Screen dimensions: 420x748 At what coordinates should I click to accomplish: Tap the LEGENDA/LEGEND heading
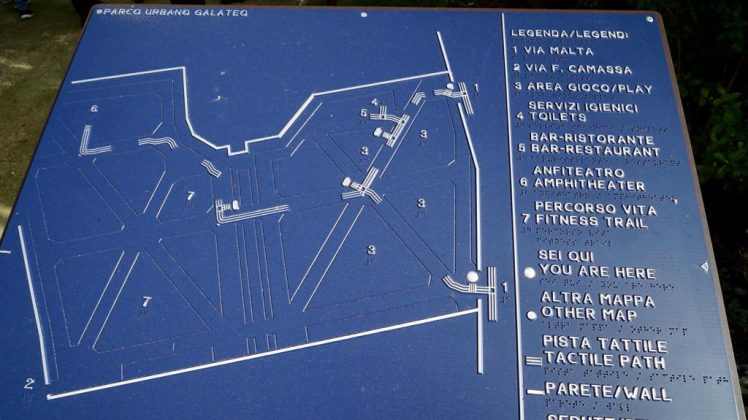570,34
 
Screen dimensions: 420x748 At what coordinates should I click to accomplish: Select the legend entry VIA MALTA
560,51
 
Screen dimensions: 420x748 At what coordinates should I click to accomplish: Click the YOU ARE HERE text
597,272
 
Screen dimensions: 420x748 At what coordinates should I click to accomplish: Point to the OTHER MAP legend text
589,315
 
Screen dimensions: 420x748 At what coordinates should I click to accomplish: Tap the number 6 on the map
94,108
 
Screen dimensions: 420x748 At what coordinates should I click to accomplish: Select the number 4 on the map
374,101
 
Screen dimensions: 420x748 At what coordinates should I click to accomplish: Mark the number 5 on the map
364,113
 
